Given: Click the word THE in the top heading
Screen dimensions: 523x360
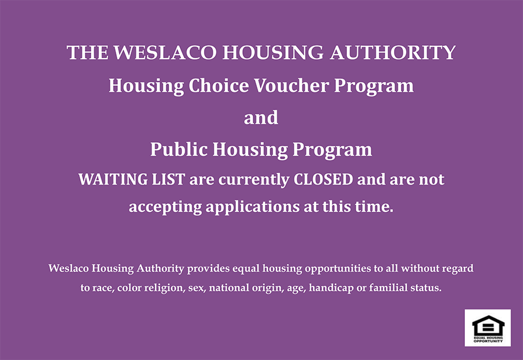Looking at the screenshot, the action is [88, 53].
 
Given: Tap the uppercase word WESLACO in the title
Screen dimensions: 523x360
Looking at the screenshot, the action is [165, 53].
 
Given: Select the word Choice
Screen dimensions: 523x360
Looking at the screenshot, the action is [218, 86].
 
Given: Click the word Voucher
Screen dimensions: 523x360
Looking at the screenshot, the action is [292, 86].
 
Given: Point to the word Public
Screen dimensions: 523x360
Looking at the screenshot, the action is [179, 149].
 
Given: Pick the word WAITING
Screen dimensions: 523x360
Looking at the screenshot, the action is [113, 179].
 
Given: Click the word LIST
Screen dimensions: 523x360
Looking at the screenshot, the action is [169, 179].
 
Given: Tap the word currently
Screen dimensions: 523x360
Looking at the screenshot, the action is [254, 181].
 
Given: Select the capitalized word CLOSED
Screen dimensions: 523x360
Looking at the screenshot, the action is [323, 179].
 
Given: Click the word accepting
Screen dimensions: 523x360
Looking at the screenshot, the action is [165, 207].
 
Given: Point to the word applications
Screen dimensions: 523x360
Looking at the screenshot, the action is [253, 207].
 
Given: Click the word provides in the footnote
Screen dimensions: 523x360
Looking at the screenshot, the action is [208, 269].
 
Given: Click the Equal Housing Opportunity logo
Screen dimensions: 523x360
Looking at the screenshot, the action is [488, 328].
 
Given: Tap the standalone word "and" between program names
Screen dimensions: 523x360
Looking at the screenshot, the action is [261, 118].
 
